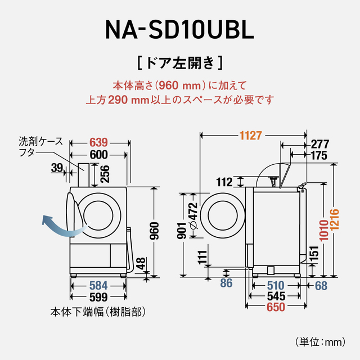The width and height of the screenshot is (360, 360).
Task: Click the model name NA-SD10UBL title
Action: coord(179,30)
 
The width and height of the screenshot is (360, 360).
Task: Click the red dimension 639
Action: coord(98,142)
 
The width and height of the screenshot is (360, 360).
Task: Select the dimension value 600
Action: coord(98,154)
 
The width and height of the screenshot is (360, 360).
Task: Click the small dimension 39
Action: coord(57,167)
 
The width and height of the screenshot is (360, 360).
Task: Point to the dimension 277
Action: coord(319,143)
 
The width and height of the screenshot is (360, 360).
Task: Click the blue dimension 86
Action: coord(226,283)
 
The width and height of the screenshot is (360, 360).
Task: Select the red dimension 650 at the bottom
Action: coord(276,307)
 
